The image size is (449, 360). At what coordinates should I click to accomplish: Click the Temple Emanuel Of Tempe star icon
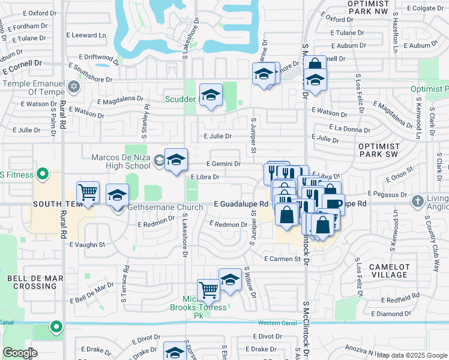[x=74, y=87]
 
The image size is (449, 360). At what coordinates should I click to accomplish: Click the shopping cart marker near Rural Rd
[x=88, y=193]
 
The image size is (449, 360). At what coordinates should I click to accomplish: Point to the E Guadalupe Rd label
[x=240, y=205]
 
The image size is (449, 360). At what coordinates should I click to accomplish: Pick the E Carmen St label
[x=282, y=259]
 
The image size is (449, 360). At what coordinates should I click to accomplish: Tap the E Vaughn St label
[x=87, y=245]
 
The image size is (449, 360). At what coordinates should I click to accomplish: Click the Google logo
[x=20, y=352]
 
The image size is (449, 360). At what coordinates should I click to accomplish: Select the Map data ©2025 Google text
[x=411, y=355]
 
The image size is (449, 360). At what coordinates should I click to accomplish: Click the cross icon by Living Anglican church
[x=417, y=202]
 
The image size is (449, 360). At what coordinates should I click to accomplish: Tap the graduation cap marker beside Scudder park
[x=211, y=95]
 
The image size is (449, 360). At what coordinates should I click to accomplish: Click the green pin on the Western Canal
[x=56, y=327]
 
